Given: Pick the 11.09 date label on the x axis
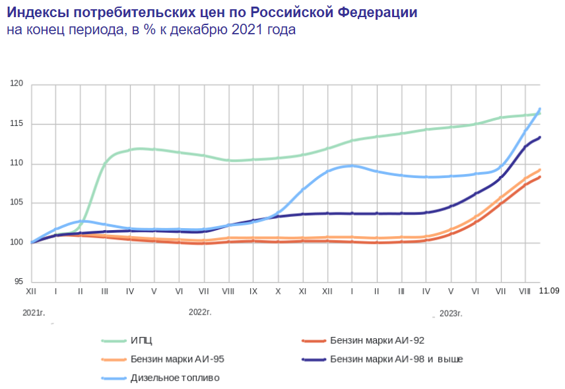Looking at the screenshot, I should point(550,290).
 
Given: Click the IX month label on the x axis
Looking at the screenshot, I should point(253,291).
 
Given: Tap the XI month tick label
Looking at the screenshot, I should point(302,291).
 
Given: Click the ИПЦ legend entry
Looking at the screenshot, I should point(141,341).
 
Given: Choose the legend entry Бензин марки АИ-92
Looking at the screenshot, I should point(377,341).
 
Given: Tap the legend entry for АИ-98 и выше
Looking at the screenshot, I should point(396,359).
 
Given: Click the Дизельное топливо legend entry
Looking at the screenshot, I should point(175,378).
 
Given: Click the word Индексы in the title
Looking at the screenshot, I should point(39,13).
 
